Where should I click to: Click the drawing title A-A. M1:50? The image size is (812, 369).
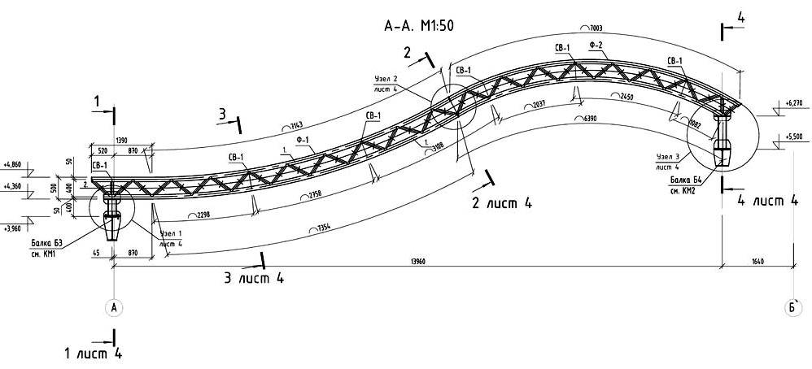click(x=418, y=25)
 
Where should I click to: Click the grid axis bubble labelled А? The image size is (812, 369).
click(x=115, y=307)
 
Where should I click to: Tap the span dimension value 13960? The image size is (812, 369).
click(x=418, y=261)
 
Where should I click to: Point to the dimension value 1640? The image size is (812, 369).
click(x=757, y=261)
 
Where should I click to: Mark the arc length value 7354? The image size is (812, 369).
click(x=323, y=231)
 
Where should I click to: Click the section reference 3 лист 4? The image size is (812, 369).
click(x=253, y=278)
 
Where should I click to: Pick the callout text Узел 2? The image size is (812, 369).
click(x=386, y=80)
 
